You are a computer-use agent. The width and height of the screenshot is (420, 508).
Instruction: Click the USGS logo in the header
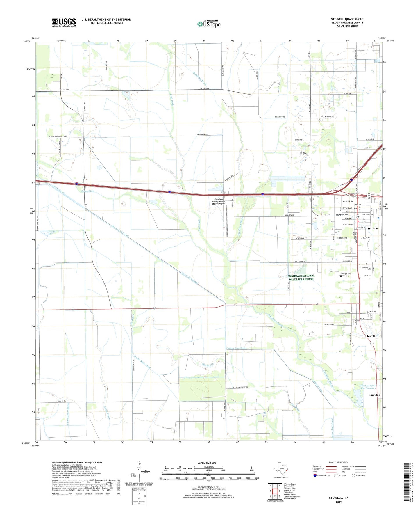[x=64, y=22]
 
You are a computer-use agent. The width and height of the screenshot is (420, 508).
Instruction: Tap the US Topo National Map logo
[x=209, y=24]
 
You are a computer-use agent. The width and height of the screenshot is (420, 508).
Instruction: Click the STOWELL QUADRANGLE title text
[x=347, y=19]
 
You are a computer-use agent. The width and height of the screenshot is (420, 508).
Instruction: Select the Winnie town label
[x=373, y=228]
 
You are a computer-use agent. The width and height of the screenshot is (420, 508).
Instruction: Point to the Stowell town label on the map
[x=370, y=336]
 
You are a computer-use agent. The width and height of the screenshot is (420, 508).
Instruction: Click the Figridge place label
[x=374, y=395]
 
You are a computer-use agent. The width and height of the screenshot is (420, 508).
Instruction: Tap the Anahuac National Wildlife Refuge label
[x=301, y=278]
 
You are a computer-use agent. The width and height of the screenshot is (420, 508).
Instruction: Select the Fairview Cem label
[x=346, y=273]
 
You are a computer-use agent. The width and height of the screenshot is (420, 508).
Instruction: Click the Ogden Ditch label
[x=87, y=191]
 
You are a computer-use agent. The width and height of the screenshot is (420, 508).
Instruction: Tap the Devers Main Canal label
[x=142, y=361]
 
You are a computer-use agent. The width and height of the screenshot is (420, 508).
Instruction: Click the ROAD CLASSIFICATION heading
[x=338, y=462]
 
